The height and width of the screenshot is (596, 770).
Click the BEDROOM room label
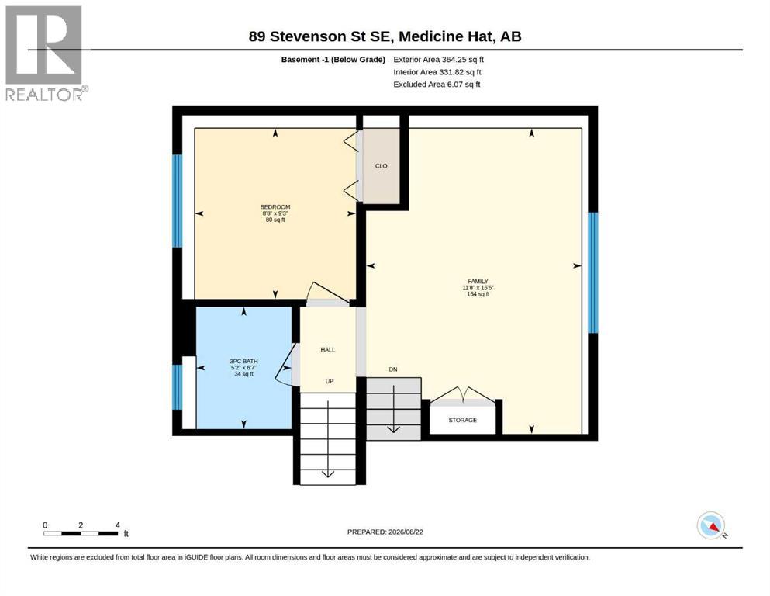[x=275, y=207]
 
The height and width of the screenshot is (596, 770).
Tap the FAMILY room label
[x=478, y=282]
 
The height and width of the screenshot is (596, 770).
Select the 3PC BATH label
[x=243, y=361]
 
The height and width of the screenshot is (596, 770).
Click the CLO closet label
[x=381, y=166]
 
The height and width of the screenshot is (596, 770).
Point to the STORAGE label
[x=463, y=420]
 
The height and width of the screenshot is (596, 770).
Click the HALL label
[x=327, y=350]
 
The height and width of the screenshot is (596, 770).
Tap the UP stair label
[x=330, y=381]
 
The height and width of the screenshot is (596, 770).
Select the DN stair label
[x=393, y=369]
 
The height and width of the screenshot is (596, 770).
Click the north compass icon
[x=711, y=525]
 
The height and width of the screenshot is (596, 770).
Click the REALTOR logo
[x=45, y=53]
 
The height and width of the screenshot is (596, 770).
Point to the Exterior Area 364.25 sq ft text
[x=439, y=60]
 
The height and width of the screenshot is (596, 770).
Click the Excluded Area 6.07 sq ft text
[x=437, y=85]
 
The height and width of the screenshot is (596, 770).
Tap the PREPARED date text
[x=385, y=532]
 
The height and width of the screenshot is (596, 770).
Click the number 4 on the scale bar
[x=117, y=525]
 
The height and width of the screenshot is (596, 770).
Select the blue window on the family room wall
[x=593, y=272]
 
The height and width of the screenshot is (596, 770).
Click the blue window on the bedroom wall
[x=178, y=201]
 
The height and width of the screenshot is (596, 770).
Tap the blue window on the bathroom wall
[x=178, y=386]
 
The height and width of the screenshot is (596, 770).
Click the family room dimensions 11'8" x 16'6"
[x=478, y=288]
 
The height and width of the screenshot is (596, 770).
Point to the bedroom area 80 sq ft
[x=275, y=220]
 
